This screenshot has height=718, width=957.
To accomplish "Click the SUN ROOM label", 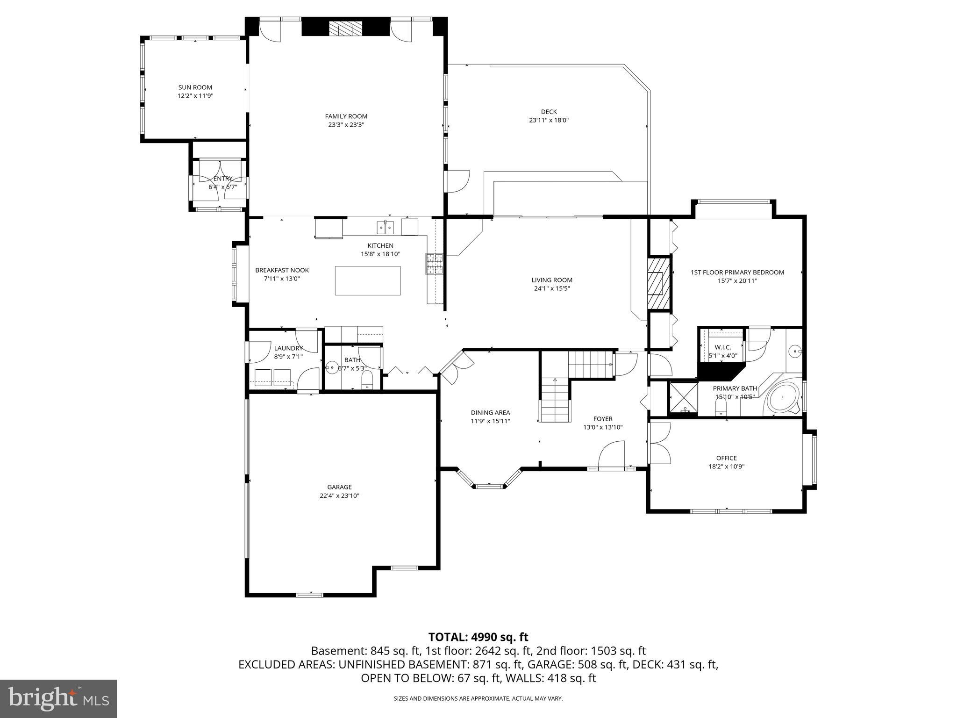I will [195, 87].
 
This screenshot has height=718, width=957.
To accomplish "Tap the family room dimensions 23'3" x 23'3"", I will [346, 125].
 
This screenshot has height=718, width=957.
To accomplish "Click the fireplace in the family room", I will [345, 29].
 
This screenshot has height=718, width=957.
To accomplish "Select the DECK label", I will [549, 112].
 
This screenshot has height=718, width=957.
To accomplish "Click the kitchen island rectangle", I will [367, 280].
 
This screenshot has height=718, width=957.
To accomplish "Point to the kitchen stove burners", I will [434, 264].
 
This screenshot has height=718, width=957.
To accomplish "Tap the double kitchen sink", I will [386, 228].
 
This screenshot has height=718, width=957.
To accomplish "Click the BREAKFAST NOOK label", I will [282, 270].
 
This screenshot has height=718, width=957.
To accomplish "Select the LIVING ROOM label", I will [551, 280].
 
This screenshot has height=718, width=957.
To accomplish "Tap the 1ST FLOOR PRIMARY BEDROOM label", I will [737, 272].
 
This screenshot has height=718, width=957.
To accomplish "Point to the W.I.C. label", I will [722, 347].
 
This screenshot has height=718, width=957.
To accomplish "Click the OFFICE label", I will [726, 458].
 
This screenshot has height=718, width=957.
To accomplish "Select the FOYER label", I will [602, 419].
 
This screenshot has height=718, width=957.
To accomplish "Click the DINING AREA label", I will [490, 412].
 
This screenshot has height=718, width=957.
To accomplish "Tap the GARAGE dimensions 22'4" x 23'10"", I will [339, 495].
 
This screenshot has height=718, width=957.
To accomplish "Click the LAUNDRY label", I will [288, 348].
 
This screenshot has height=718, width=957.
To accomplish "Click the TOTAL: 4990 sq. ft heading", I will [478, 637].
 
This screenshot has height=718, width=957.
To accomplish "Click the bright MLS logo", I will [58, 698].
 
